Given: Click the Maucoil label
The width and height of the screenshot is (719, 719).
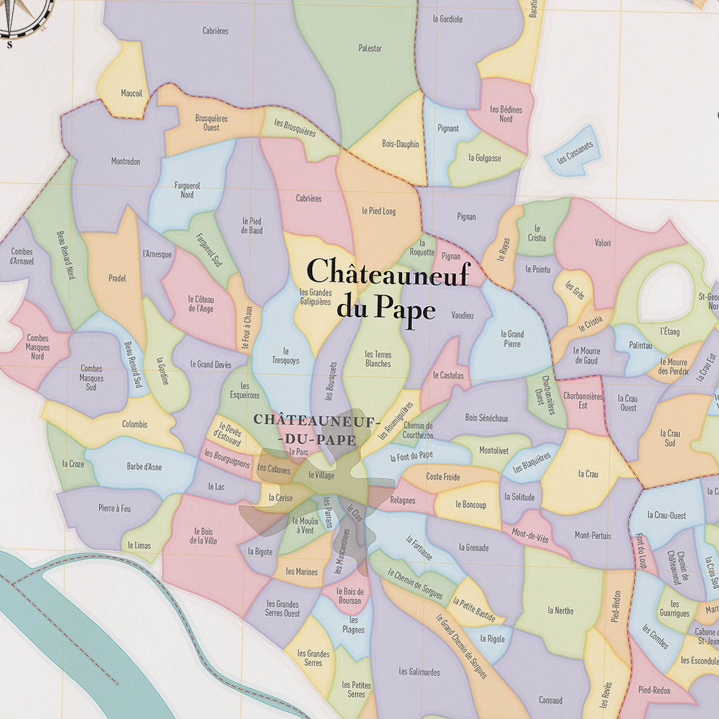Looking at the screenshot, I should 131,93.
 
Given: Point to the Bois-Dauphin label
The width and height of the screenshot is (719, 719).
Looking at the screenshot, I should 400,144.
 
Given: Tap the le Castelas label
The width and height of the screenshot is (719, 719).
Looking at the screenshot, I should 448,376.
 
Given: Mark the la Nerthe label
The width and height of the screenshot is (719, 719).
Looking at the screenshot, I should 561,611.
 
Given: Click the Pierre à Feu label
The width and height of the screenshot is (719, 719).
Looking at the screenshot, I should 114,508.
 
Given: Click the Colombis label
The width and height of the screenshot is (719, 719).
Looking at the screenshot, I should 135,424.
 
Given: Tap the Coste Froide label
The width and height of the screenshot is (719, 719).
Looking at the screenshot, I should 443,477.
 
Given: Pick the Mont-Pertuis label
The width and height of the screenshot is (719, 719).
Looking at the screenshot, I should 593,535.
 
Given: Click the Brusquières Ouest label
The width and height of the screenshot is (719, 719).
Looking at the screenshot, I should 211,123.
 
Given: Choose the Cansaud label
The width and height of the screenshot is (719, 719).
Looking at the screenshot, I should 551,700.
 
